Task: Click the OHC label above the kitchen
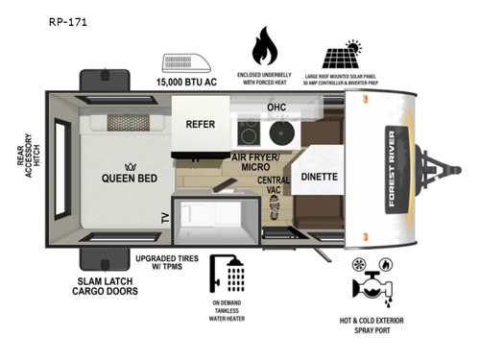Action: coord(276,107)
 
